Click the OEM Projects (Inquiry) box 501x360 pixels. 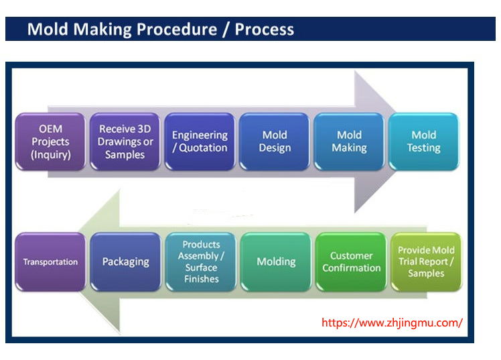(x=50, y=141)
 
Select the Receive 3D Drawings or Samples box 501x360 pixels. (x=125, y=141)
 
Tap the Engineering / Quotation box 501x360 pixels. (x=200, y=141)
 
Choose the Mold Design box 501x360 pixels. (x=275, y=141)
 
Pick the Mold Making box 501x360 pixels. (x=349, y=141)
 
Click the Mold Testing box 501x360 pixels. (x=423, y=141)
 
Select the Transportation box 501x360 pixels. (x=50, y=262)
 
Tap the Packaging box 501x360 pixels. (x=125, y=262)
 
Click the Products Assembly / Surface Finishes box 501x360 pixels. (x=201, y=262)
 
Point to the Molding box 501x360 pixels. (x=276, y=262)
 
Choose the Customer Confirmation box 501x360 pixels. (x=351, y=262)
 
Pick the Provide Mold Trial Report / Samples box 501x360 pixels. (x=426, y=262)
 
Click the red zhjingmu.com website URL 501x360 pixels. (x=392, y=322)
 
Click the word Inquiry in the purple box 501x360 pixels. (x=51, y=155)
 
